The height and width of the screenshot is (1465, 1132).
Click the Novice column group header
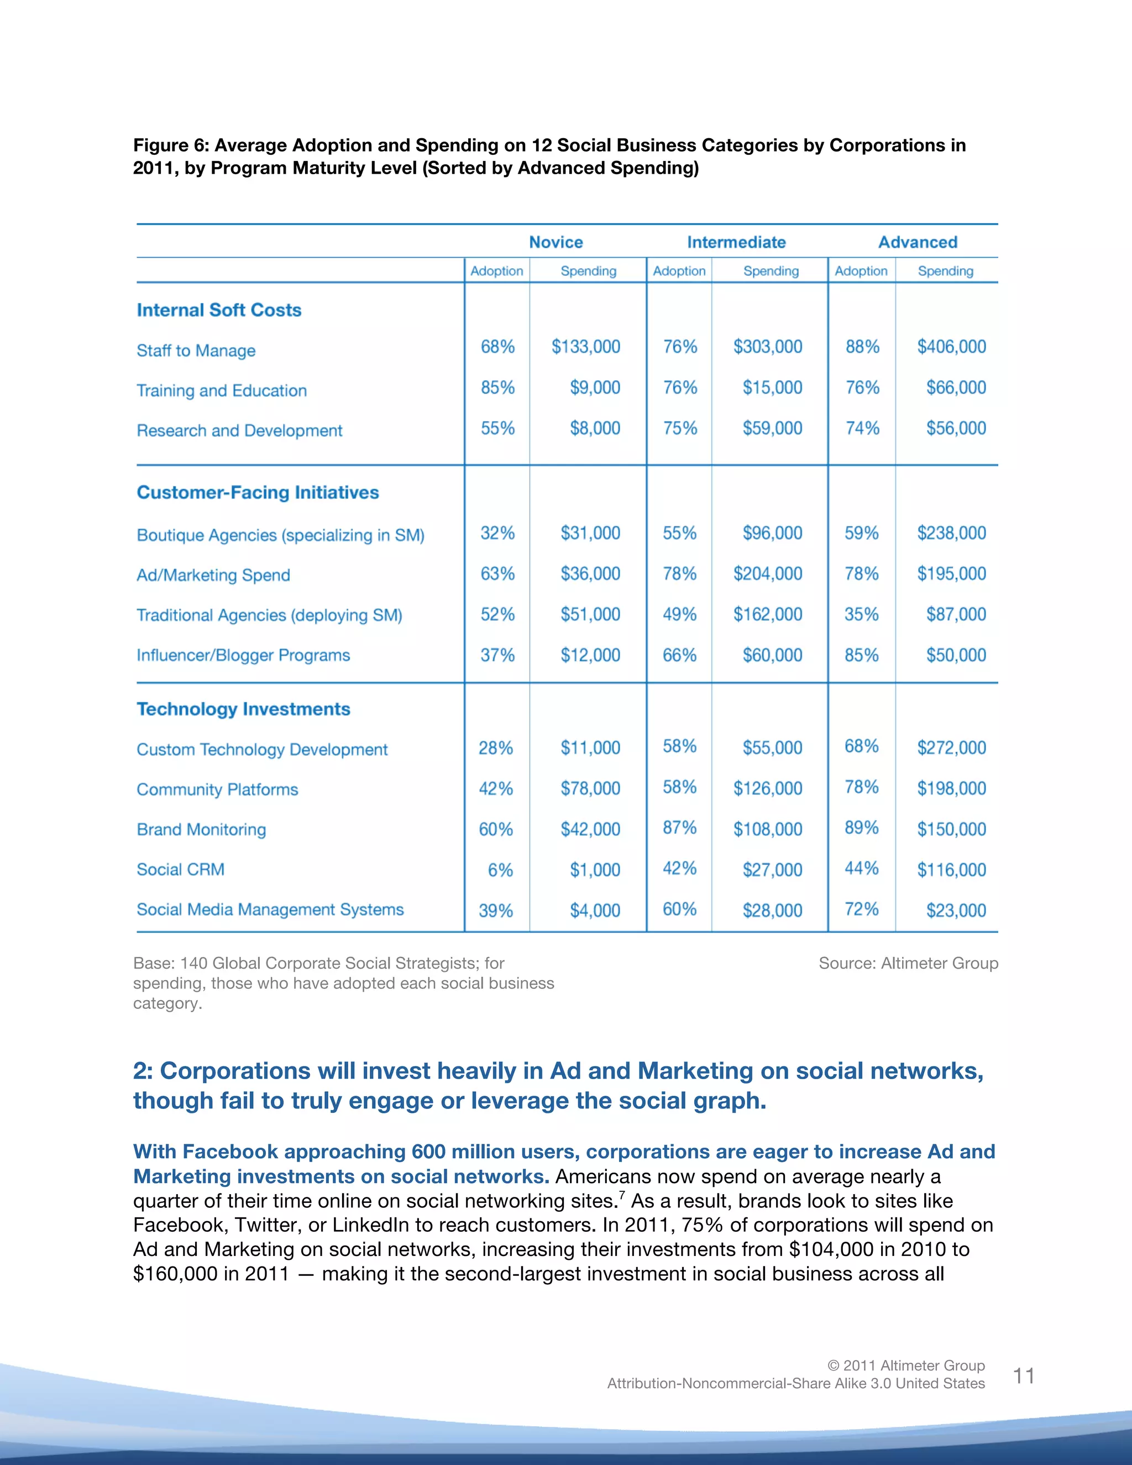point(556,242)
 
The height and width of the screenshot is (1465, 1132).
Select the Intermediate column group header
point(736,242)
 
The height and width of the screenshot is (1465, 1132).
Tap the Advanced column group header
point(918,242)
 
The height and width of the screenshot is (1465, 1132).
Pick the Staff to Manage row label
point(196,351)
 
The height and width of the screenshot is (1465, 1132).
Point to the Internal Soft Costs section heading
point(219,310)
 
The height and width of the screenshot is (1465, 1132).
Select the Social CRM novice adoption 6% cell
point(500,870)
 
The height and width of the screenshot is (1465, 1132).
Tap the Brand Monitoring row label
point(201,830)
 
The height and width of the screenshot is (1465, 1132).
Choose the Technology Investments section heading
point(243,709)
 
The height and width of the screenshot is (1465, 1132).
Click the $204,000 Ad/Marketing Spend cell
point(767,573)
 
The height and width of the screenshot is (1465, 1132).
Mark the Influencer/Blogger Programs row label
point(243,655)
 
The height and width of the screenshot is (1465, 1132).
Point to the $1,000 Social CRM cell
point(594,870)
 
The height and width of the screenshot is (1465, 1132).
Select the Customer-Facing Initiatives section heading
point(258,493)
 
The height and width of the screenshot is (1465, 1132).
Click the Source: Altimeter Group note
point(908,963)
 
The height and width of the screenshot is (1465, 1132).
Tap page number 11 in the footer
point(1023,1376)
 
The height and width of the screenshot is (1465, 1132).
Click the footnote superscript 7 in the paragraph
point(622,1195)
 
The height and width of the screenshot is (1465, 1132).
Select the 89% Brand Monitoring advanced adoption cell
point(861,828)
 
